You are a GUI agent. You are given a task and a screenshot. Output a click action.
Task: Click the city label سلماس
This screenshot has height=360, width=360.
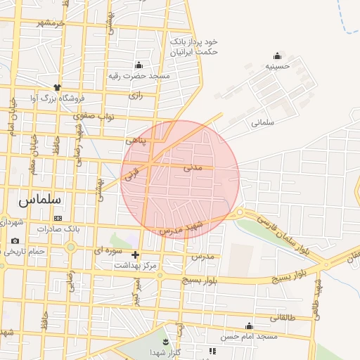39,200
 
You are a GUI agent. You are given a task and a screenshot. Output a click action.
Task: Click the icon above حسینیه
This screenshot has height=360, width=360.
277,56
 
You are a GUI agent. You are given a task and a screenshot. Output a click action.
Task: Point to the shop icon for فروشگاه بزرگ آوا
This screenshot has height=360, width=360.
58,87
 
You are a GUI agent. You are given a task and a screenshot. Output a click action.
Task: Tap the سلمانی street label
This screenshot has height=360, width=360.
261,122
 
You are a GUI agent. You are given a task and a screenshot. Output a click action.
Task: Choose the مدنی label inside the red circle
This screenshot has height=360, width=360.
192,168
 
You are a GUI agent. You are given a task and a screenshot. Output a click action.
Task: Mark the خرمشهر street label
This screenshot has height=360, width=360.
51,23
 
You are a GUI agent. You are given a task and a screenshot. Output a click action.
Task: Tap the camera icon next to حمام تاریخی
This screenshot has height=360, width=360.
15,241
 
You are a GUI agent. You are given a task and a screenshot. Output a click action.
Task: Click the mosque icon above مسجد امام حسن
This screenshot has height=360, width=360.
249,326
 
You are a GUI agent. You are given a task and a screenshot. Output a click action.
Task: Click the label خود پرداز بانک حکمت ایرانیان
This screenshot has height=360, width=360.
194,47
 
